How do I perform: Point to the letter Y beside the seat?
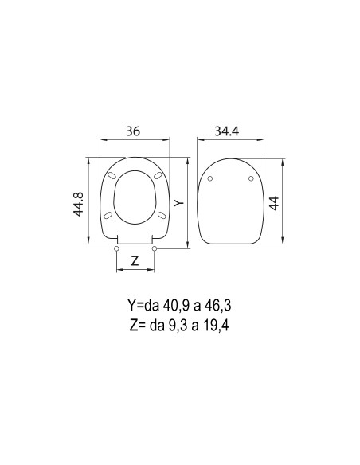tap(179, 202)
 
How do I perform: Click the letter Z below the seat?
tap(135, 260)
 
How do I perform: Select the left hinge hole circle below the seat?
tap(117, 249)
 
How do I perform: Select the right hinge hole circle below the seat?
tap(154, 249)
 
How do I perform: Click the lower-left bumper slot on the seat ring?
tap(107, 214)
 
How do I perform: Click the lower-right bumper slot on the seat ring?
tap(162, 214)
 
